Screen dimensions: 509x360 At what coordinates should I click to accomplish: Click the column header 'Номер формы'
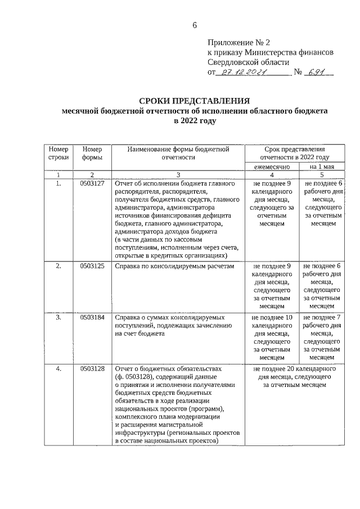point(92,154)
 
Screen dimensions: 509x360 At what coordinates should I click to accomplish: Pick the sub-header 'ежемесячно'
point(272,167)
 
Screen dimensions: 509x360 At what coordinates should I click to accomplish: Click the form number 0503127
point(92,183)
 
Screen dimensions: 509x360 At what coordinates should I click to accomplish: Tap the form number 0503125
point(92,266)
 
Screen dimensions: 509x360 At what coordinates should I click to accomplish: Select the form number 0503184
point(92,317)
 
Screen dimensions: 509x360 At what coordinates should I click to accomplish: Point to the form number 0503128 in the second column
point(92,368)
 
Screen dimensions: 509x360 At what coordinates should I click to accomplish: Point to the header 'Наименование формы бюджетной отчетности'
point(177,154)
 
